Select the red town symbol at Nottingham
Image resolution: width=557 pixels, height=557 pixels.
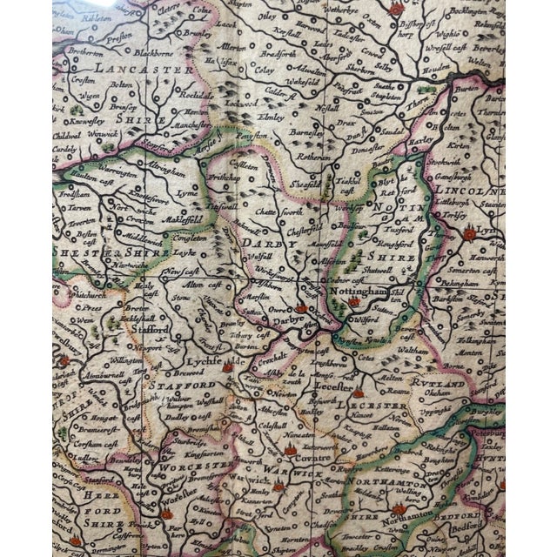[354, 302]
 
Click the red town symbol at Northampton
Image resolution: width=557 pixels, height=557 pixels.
[399, 510]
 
